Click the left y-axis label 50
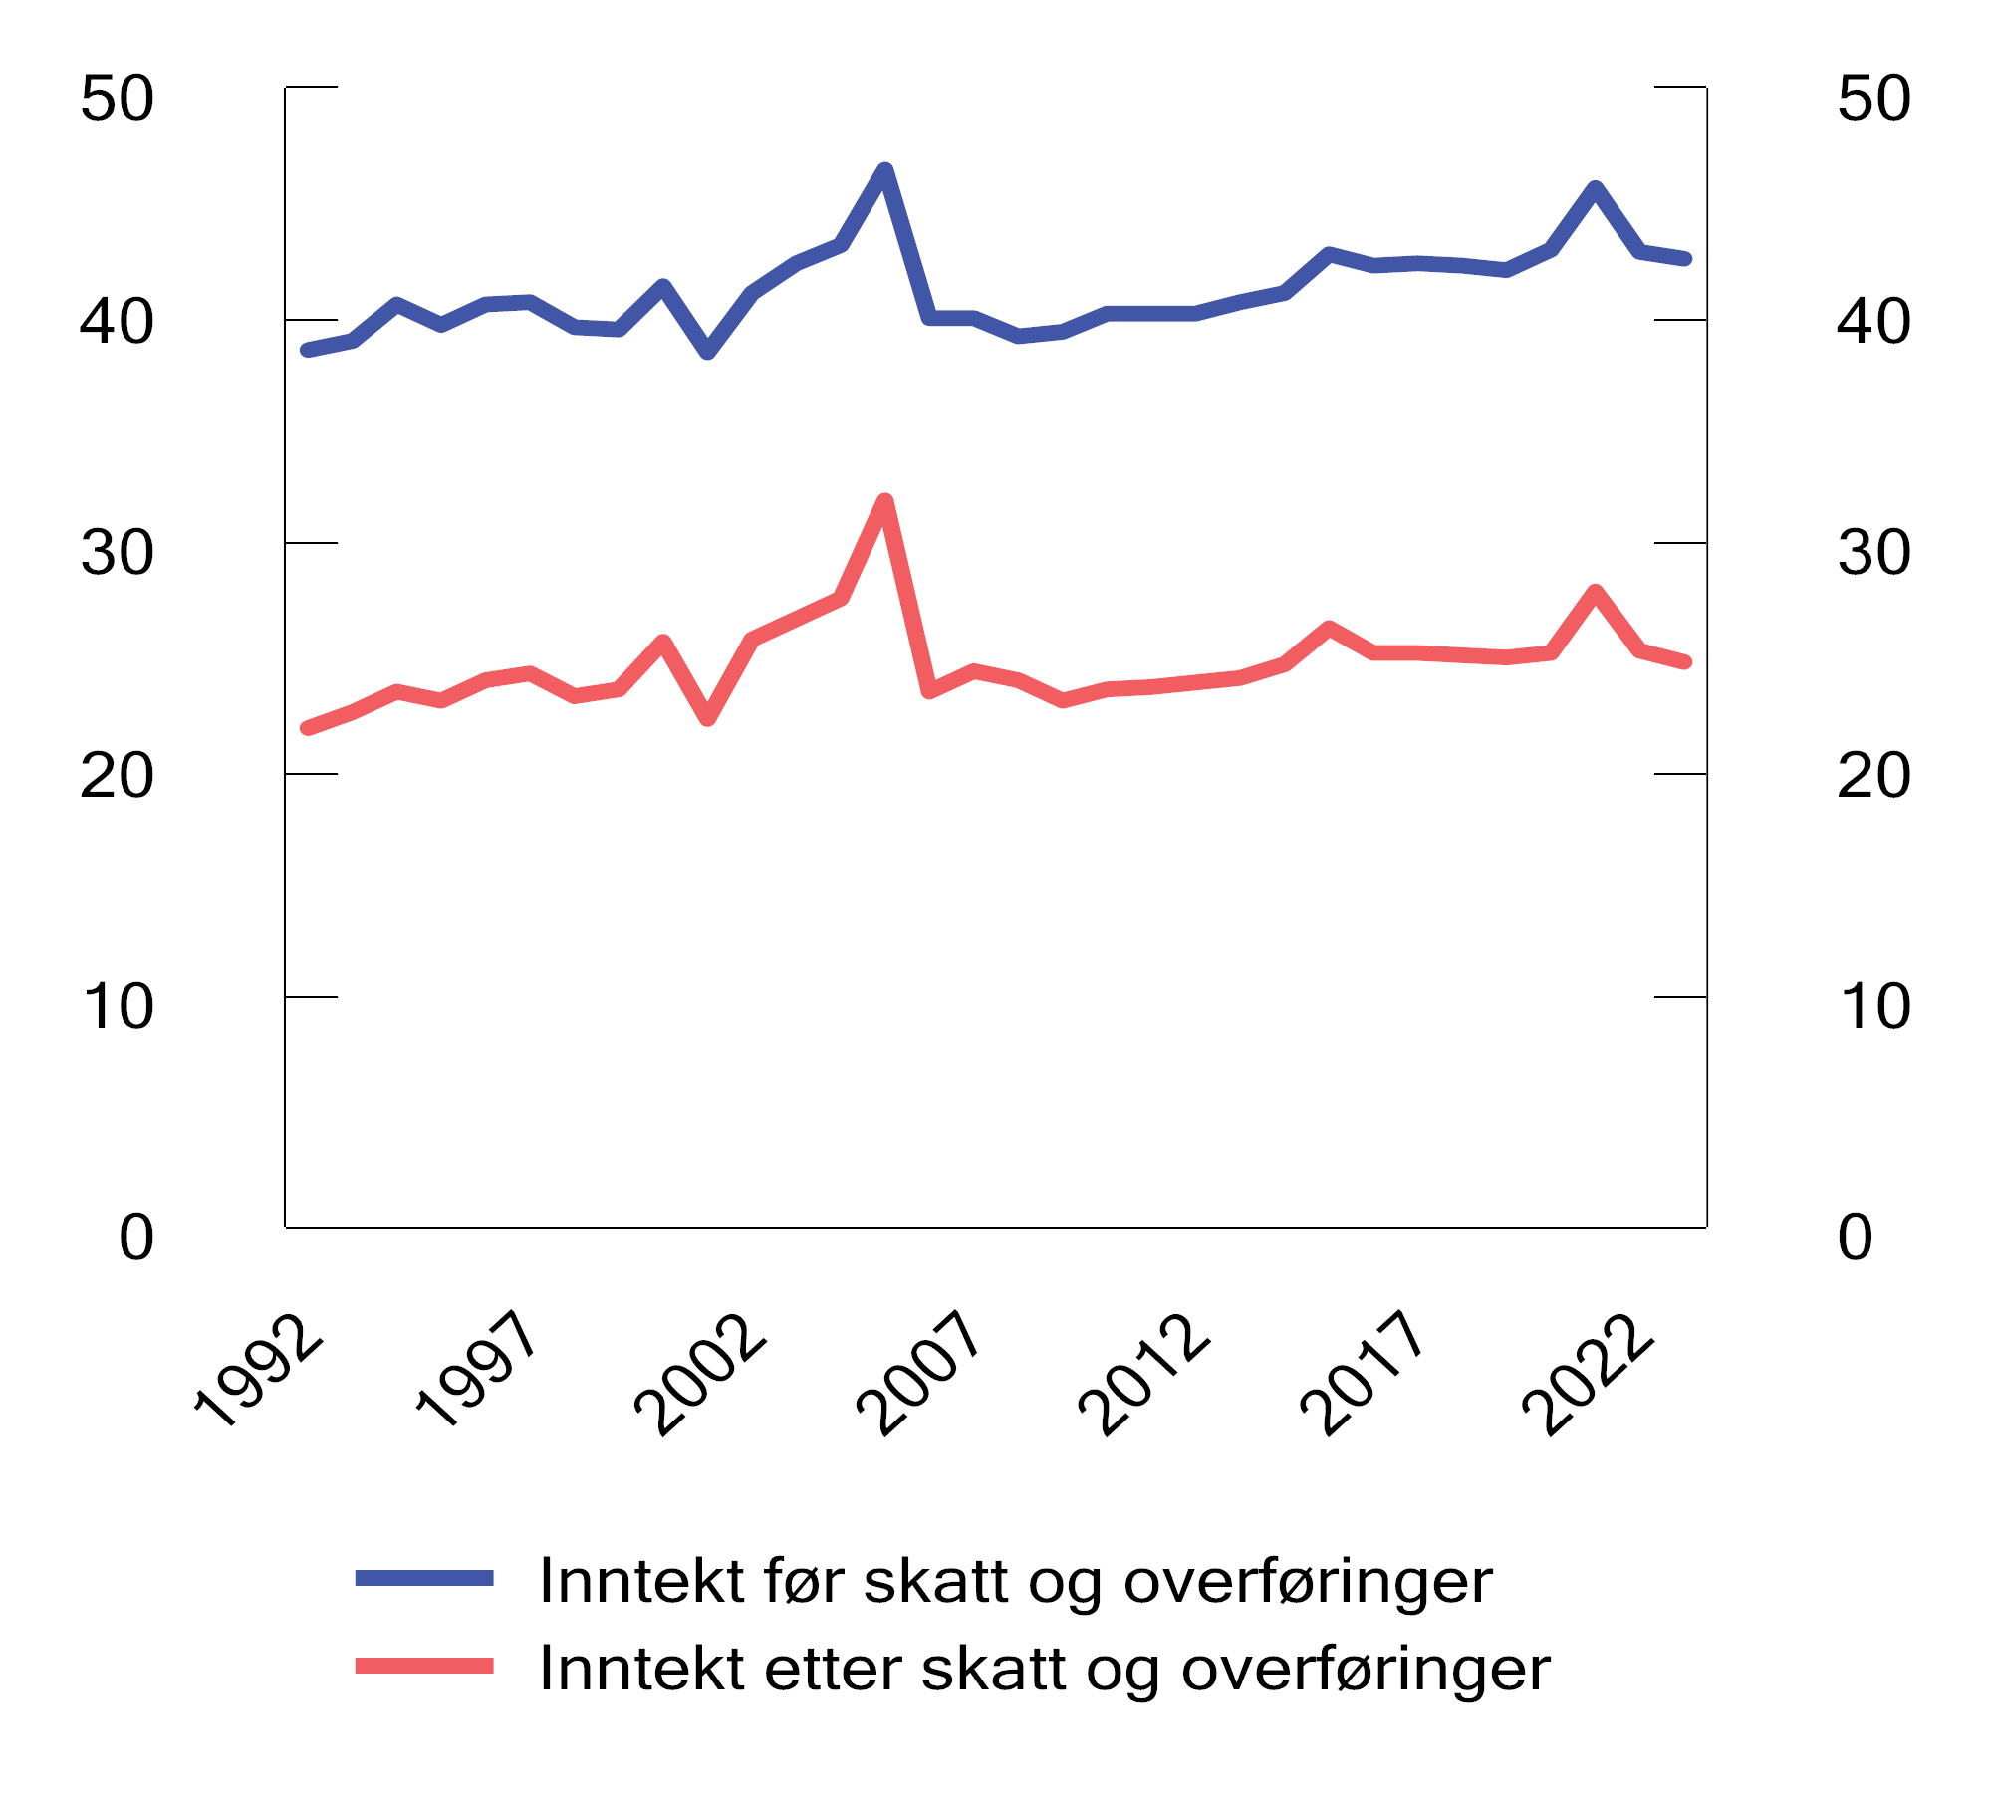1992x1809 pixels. pos(118,99)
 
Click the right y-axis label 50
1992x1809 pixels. pos(1873,99)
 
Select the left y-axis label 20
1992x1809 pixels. pos(118,776)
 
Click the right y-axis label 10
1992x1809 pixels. pos(1873,1006)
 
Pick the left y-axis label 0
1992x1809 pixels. pos(136,1238)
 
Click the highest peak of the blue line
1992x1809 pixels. pos(884,169)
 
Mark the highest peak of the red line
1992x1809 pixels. pos(884,500)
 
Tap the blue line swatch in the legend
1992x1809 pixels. pos(424,1578)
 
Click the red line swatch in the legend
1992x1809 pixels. pos(424,1666)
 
